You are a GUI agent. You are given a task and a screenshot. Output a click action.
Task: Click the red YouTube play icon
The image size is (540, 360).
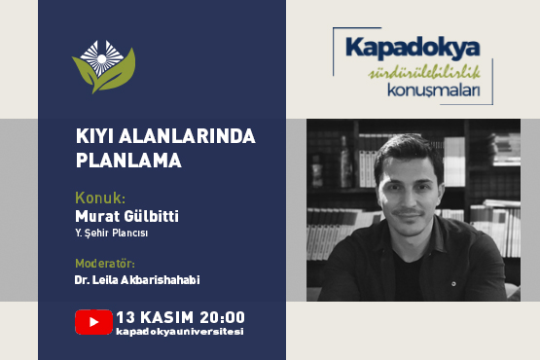point(93,321)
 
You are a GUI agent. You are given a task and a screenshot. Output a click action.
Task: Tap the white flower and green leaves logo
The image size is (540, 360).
point(103,66)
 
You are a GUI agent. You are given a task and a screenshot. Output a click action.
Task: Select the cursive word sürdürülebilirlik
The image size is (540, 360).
point(415,75)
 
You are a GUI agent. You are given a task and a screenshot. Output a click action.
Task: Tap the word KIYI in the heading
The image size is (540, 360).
point(93,137)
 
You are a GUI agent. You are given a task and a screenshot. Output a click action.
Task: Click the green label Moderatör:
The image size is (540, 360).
point(105,263)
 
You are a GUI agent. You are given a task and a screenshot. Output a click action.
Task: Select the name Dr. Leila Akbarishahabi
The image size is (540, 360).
point(134,280)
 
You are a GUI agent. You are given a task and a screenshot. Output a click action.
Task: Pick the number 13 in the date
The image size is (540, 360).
point(125,316)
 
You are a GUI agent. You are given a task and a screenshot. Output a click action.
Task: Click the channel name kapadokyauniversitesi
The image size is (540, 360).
point(179,332)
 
